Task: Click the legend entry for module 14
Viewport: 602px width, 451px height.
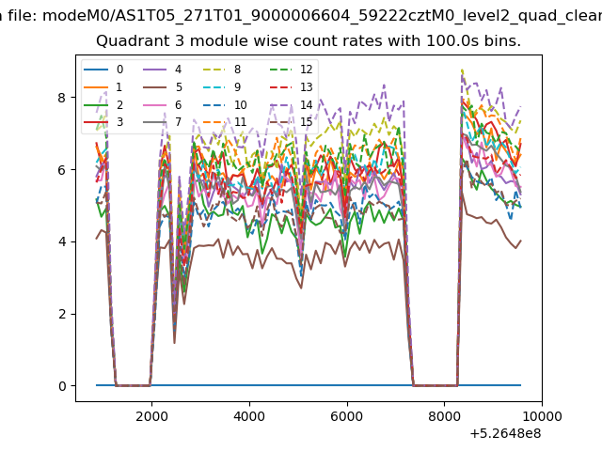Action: point(292,104)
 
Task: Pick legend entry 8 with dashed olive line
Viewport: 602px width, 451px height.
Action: point(222,70)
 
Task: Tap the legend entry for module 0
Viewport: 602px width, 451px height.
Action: point(103,70)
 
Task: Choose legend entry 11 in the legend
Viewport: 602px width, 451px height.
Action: point(225,122)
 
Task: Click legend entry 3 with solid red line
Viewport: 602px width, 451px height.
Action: point(103,122)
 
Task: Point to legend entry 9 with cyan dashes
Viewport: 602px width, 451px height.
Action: point(222,87)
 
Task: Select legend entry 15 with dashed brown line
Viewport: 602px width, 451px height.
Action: point(292,122)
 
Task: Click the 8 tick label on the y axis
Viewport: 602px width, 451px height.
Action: point(62,98)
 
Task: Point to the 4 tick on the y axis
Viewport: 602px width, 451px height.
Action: point(62,241)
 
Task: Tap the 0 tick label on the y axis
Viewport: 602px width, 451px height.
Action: point(62,386)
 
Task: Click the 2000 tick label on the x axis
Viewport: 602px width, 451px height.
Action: point(151,416)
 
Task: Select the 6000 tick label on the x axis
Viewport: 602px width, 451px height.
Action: point(347,416)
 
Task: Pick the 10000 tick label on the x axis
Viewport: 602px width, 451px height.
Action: point(542,416)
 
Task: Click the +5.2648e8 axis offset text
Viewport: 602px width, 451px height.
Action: point(505,433)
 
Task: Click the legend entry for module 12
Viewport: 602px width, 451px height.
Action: point(292,70)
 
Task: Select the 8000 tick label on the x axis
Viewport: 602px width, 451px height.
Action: point(444,416)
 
